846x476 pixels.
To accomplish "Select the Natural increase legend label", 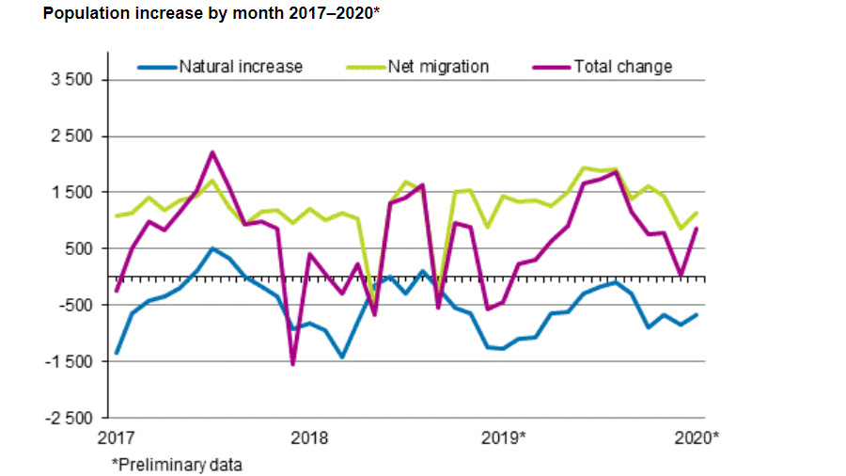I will pos(242,67).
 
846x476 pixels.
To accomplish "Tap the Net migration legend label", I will pos(438,67).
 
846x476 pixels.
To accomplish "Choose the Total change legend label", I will pos(623,67).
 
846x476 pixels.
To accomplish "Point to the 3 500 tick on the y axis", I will pos(73,80).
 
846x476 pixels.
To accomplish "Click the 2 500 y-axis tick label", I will pos(73,136).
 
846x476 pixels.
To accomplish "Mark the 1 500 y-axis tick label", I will pos(73,193).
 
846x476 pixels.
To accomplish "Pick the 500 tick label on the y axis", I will pos(80,249).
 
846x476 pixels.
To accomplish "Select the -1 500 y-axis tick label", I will pos(71,362).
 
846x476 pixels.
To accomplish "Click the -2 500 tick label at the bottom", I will pos(71,419).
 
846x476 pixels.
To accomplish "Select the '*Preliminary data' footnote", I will pos(177,465).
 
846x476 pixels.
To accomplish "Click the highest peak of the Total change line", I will pos(212,152).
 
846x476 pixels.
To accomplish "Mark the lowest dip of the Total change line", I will pos(292,364).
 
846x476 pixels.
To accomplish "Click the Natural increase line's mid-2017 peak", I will pos(213,248).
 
